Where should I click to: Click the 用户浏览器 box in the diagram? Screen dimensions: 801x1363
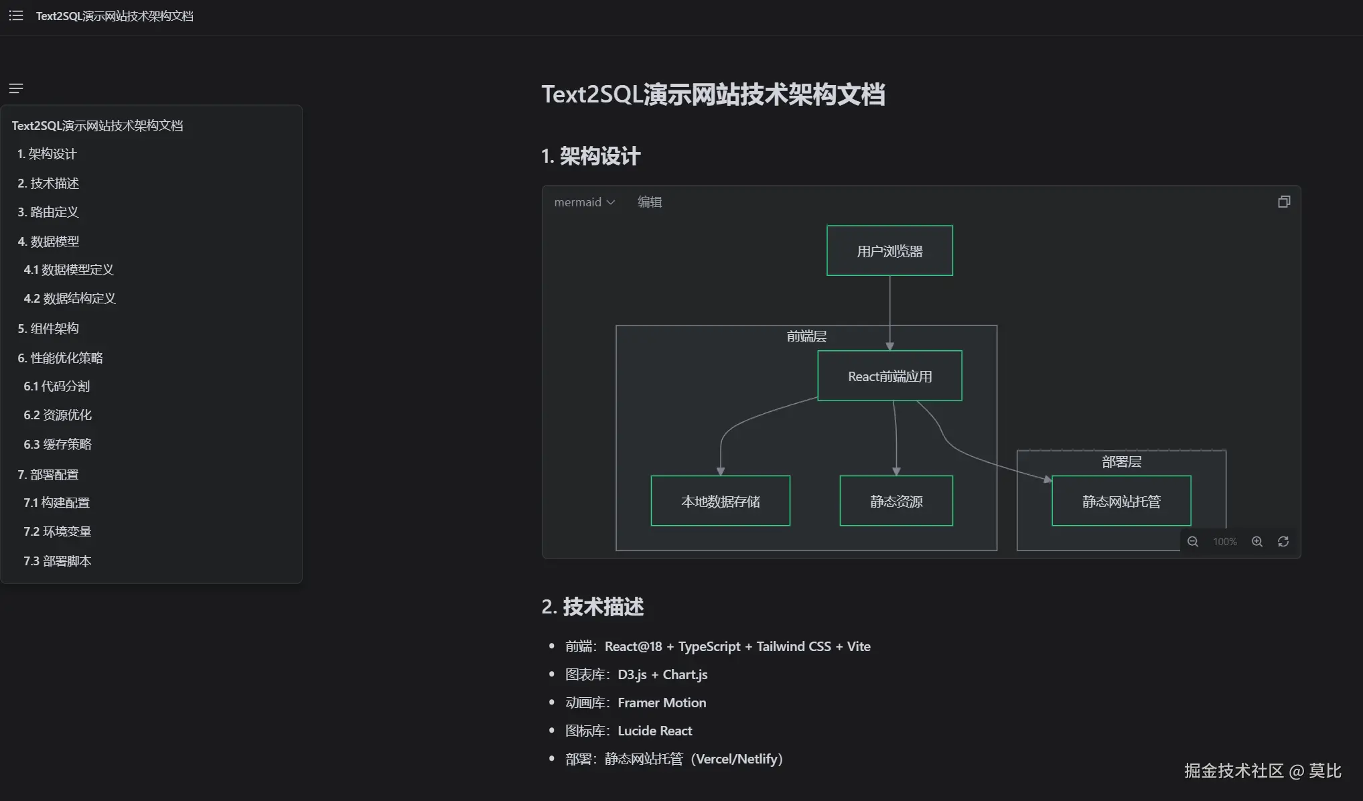889,251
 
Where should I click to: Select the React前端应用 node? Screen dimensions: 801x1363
889,376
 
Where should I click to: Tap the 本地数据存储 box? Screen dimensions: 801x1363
720,502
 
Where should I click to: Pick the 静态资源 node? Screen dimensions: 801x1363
896,502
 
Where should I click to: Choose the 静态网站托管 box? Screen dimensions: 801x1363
1121,502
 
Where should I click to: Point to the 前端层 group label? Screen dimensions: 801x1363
806,336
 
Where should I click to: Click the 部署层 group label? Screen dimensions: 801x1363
1121,462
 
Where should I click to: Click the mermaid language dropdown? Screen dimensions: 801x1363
584,202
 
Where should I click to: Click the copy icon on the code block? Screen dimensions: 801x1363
1283,202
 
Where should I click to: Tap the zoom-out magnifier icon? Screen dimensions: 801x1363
1193,542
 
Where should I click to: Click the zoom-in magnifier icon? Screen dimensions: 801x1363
1257,542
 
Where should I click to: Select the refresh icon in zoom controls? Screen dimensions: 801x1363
1283,542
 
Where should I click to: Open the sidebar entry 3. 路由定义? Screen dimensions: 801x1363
48,212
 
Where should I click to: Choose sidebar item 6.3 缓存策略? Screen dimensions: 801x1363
58,445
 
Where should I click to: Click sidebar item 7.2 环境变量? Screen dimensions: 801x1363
58,532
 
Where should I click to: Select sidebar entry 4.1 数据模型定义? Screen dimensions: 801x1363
68,270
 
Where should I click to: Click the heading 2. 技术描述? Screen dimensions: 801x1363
593,607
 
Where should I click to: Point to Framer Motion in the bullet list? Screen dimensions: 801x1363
662,703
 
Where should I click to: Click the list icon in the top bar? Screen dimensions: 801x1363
16,15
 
